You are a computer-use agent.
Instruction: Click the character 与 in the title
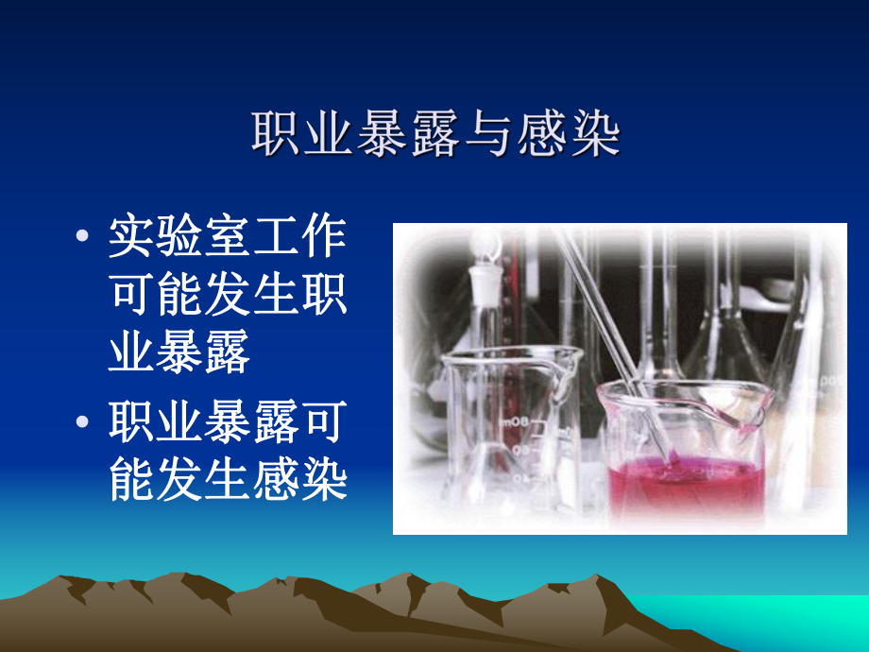[488, 135]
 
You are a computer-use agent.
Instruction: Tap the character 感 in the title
[541, 135]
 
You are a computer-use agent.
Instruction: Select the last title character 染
[594, 135]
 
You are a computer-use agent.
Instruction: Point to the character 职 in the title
[277, 135]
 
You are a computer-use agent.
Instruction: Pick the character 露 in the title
[435, 135]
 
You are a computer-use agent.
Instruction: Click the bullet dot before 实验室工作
[85, 238]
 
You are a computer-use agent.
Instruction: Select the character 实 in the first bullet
[132, 237]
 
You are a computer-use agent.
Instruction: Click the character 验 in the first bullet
[180, 237]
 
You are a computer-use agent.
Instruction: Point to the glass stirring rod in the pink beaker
[614, 331]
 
